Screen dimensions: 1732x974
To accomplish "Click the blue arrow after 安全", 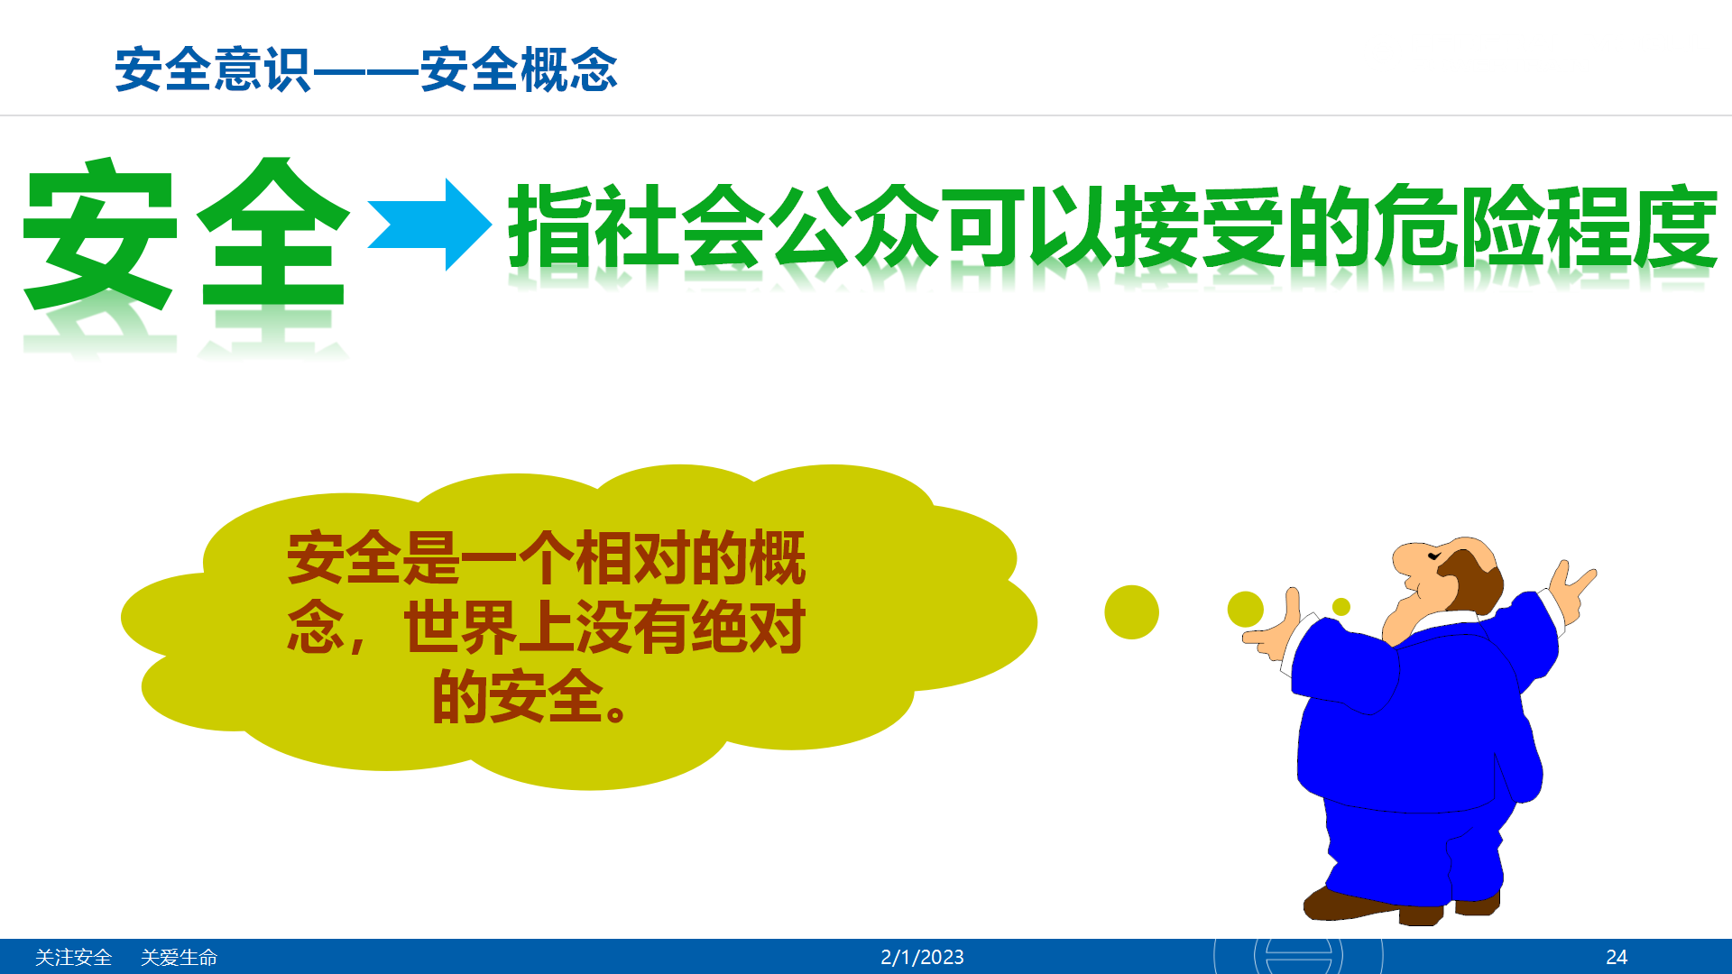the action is point(430,225).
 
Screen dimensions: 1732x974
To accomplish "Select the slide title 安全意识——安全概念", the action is point(366,69).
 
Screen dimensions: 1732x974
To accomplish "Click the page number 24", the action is point(1617,957).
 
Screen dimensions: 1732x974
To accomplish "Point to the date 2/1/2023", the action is point(922,957).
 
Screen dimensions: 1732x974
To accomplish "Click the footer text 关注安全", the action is point(73,957).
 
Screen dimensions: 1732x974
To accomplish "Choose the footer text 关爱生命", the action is point(180,957).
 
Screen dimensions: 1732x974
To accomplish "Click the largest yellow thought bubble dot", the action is point(1131,612).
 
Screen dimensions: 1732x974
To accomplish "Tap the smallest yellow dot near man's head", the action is point(1341,607).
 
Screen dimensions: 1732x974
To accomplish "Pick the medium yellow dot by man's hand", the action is point(1246,610).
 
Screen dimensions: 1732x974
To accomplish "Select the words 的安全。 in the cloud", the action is point(530,697).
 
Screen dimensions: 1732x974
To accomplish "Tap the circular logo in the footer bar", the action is point(1298,956).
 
